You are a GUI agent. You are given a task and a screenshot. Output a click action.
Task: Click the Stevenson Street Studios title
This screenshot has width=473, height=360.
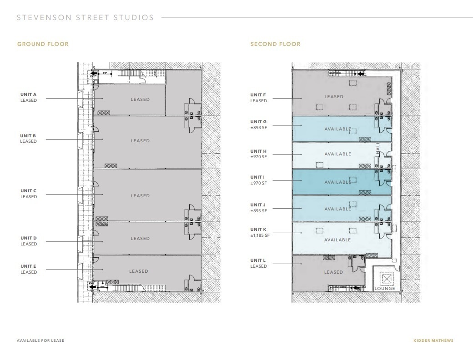pyautogui.click(x=85, y=18)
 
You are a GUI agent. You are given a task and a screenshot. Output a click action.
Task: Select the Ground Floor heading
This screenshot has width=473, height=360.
pyautogui.click(x=43, y=44)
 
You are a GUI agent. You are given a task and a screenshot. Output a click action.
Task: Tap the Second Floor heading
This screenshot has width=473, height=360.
pyautogui.click(x=275, y=44)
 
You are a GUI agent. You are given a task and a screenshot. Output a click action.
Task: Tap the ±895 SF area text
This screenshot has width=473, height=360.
pyautogui.click(x=259, y=211)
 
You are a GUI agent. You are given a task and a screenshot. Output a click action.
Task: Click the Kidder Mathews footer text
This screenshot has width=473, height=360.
pyautogui.click(x=433, y=340)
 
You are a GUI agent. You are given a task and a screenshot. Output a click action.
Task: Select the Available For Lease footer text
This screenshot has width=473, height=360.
pyautogui.click(x=40, y=340)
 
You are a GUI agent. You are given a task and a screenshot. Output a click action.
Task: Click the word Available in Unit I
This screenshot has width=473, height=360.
pyautogui.click(x=337, y=182)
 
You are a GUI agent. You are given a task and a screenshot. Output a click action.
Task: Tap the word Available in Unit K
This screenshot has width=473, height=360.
pyautogui.click(x=337, y=240)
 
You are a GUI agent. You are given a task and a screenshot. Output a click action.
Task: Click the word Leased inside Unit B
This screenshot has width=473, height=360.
pyautogui.click(x=140, y=141)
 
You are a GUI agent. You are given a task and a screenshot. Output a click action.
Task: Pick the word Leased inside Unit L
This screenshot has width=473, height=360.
pyautogui.click(x=333, y=272)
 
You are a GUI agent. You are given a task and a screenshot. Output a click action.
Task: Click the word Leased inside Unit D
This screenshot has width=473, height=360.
pyautogui.click(x=140, y=239)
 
